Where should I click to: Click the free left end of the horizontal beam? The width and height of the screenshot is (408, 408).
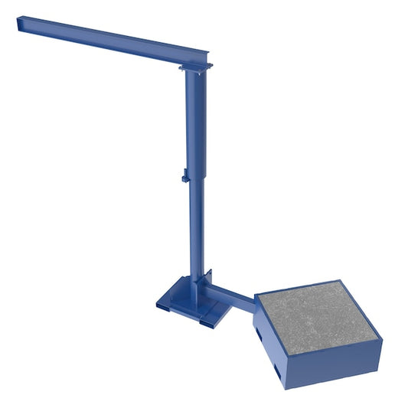tap(22, 24)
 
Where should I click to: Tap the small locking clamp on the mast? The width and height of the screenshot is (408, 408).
tap(185, 178)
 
